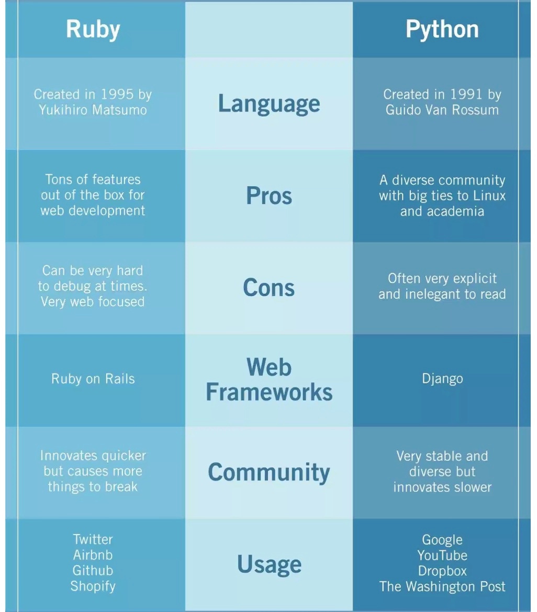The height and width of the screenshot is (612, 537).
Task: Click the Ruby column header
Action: pyautogui.click(x=93, y=29)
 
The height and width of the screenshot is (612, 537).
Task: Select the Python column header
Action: pyautogui.click(x=442, y=29)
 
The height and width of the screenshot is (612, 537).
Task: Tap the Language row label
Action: pyautogui.click(x=269, y=103)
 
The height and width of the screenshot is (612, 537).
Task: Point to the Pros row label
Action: pyautogui.click(x=269, y=196)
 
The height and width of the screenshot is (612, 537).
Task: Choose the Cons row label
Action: pyautogui.click(x=269, y=287)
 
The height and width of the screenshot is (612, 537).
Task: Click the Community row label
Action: pyautogui.click(x=269, y=472)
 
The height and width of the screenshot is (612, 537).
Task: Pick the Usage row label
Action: pyautogui.click(x=269, y=564)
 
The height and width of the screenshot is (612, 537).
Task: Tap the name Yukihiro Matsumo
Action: pyautogui.click(x=93, y=110)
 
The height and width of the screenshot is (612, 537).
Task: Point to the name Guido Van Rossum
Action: pyautogui.click(x=442, y=110)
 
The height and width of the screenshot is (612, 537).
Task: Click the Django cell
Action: pyautogui.click(x=442, y=379)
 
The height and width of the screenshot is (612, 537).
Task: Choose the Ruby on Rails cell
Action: pyautogui.click(x=93, y=379)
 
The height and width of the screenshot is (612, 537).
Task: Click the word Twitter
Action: pyautogui.click(x=93, y=539)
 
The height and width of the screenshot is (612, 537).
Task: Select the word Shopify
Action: pyautogui.click(x=93, y=585)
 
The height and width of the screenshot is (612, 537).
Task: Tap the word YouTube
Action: pyautogui.click(x=442, y=555)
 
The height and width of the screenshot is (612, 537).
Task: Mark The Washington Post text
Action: pyautogui.click(x=442, y=586)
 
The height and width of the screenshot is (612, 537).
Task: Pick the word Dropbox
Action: pyautogui.click(x=442, y=571)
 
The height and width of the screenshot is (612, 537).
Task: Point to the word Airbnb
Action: pyautogui.click(x=93, y=554)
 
